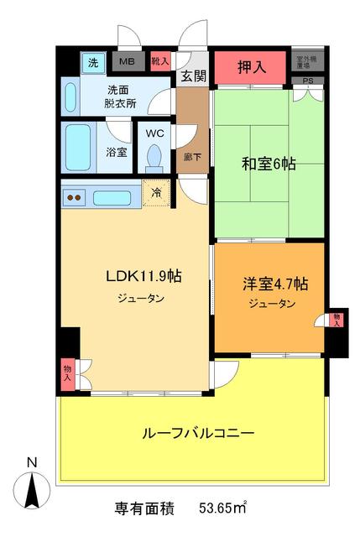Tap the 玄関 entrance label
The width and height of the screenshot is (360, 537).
click(192, 76)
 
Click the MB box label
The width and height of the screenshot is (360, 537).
click(128, 61)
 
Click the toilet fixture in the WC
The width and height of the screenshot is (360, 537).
click(154, 157)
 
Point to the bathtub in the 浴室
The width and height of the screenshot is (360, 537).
click(79, 148)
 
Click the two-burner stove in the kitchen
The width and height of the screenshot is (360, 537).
click(74, 198)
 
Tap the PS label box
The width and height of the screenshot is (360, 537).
click(307, 81)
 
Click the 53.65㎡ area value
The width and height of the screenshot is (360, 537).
click(222, 508)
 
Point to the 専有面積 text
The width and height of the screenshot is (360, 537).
click(144, 508)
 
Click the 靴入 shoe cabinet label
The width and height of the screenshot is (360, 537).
click(159, 61)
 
